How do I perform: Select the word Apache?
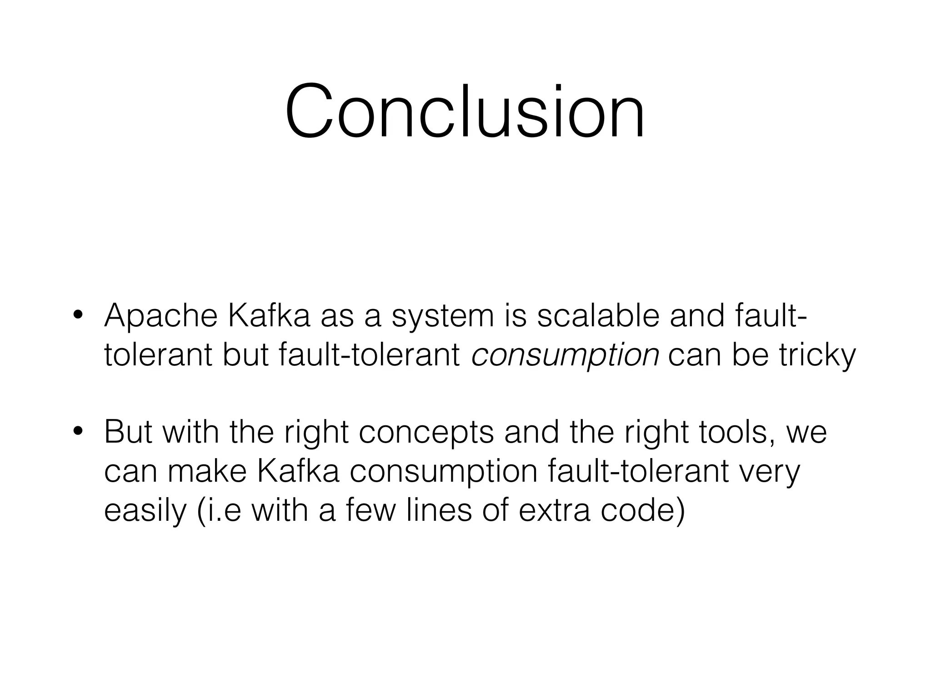[161, 316]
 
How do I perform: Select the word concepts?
[426, 434]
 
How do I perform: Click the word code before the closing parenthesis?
[636, 510]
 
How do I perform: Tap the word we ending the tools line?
[806, 434]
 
